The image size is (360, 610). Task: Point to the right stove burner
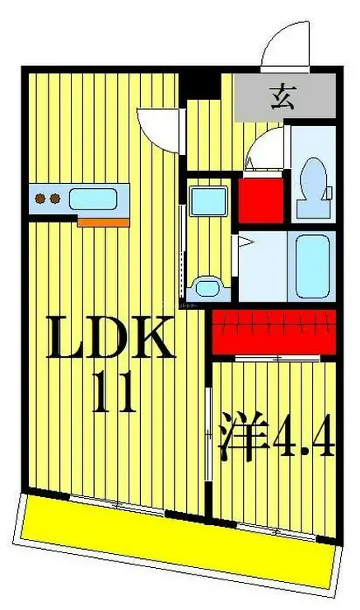pyautogui.click(x=54, y=199)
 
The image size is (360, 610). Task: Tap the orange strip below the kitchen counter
pyautogui.click(x=104, y=222)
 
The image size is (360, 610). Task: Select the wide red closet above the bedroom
pyautogui.click(x=274, y=331)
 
